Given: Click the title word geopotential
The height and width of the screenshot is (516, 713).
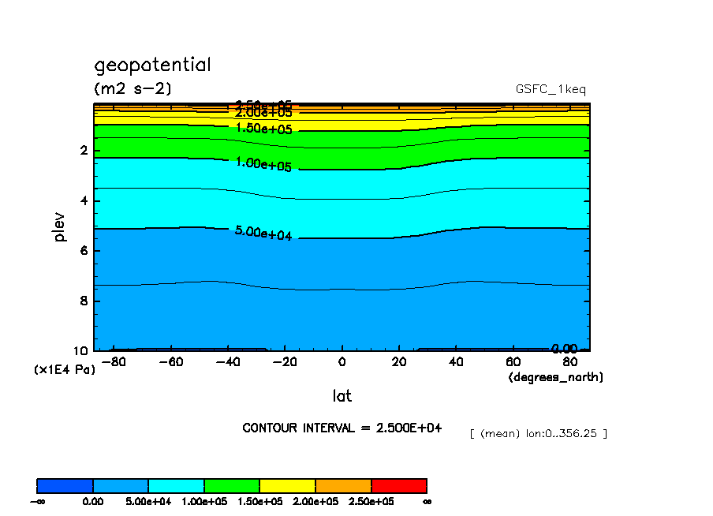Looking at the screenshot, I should (152, 65).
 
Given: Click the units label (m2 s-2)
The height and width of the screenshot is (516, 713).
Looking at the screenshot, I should (133, 88).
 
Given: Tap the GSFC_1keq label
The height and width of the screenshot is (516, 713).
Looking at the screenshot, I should (550, 89).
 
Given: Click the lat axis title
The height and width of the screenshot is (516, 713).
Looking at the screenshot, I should (342, 395).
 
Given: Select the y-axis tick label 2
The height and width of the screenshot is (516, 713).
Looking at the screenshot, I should (84, 151).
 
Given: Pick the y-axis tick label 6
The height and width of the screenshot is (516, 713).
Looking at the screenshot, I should (84, 251).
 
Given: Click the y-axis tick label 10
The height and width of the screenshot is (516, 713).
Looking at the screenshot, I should (81, 351).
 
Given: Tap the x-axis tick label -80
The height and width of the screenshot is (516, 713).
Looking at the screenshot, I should (114, 362).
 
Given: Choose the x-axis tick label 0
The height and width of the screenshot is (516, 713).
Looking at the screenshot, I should (342, 362).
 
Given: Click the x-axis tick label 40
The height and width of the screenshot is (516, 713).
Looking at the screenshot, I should (455, 362).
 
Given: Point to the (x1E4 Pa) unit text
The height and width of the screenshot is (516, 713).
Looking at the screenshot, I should (64, 369).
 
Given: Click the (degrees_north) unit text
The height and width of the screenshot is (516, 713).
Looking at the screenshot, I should (556, 377).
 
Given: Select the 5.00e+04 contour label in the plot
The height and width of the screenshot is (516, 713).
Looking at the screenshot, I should (263, 234).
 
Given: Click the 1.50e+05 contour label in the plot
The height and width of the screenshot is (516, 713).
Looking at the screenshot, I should (263, 128).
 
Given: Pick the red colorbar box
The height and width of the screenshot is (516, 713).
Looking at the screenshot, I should (398, 485).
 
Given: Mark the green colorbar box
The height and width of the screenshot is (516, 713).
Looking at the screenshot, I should (232, 485).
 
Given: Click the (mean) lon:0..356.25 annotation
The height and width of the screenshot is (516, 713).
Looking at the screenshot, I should (538, 433).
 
